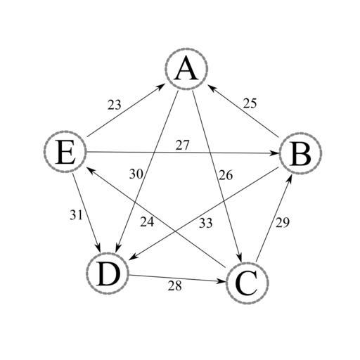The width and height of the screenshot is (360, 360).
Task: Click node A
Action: (186, 69)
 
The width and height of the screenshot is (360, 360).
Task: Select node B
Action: (301, 153)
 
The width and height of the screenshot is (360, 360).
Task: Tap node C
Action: (247, 283)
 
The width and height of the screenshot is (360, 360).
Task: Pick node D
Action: (108, 273)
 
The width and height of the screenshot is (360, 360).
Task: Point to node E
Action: (65, 152)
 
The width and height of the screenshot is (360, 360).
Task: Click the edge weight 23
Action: (115, 105)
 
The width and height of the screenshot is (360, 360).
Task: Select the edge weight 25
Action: (250, 103)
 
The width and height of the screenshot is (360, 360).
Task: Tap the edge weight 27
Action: (182, 146)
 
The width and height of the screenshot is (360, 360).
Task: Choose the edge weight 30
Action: (136, 174)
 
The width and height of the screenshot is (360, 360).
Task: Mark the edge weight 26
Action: (226, 175)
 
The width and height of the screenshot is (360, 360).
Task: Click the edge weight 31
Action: (76, 215)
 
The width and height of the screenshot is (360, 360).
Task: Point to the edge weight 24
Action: (147, 221)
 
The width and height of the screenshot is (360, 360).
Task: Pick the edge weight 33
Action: (206, 223)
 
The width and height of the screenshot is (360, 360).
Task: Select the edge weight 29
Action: (283, 222)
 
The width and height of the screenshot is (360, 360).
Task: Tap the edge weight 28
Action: (175, 285)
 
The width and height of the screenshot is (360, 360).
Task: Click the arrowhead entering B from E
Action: (275, 153)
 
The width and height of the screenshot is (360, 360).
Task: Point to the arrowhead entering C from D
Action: (221, 281)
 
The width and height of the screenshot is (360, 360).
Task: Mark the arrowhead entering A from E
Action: (161, 86)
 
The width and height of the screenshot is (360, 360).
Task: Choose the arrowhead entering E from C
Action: (91, 169)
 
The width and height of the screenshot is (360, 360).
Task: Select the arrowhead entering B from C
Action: (290, 178)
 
